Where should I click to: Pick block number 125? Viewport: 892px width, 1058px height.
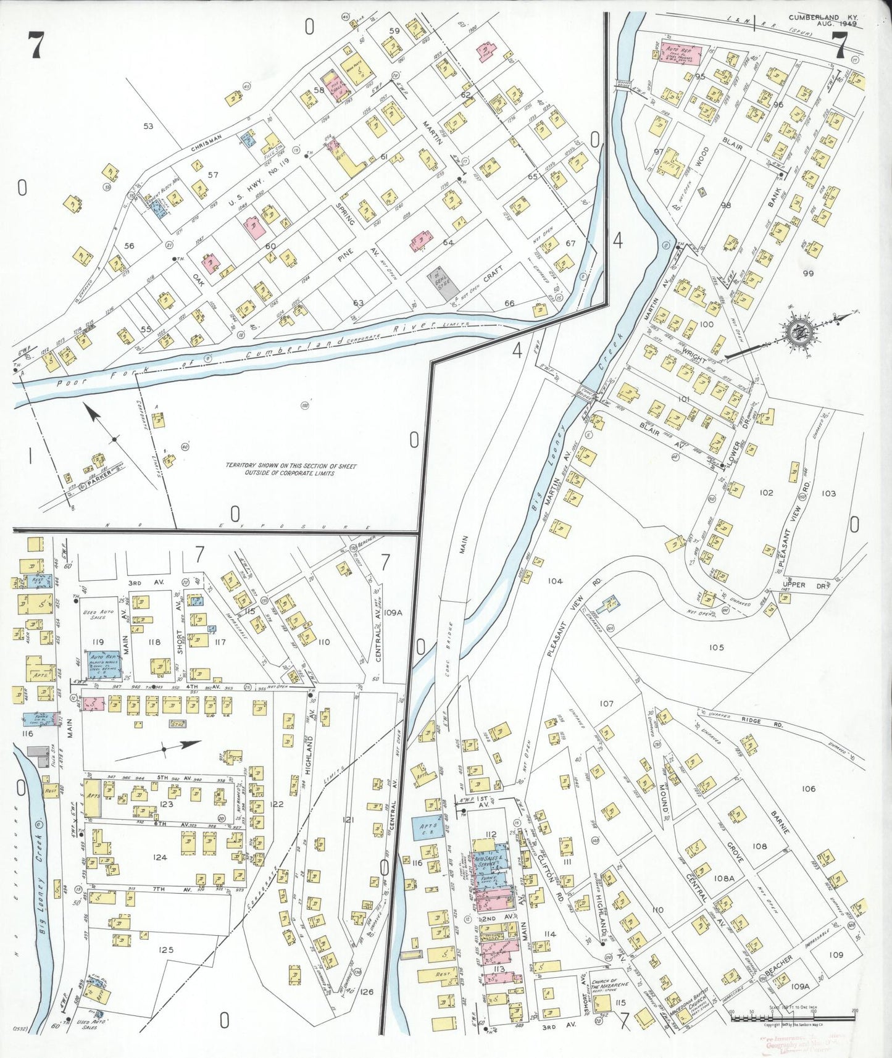(x=166, y=949)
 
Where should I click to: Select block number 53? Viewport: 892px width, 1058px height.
(x=148, y=126)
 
